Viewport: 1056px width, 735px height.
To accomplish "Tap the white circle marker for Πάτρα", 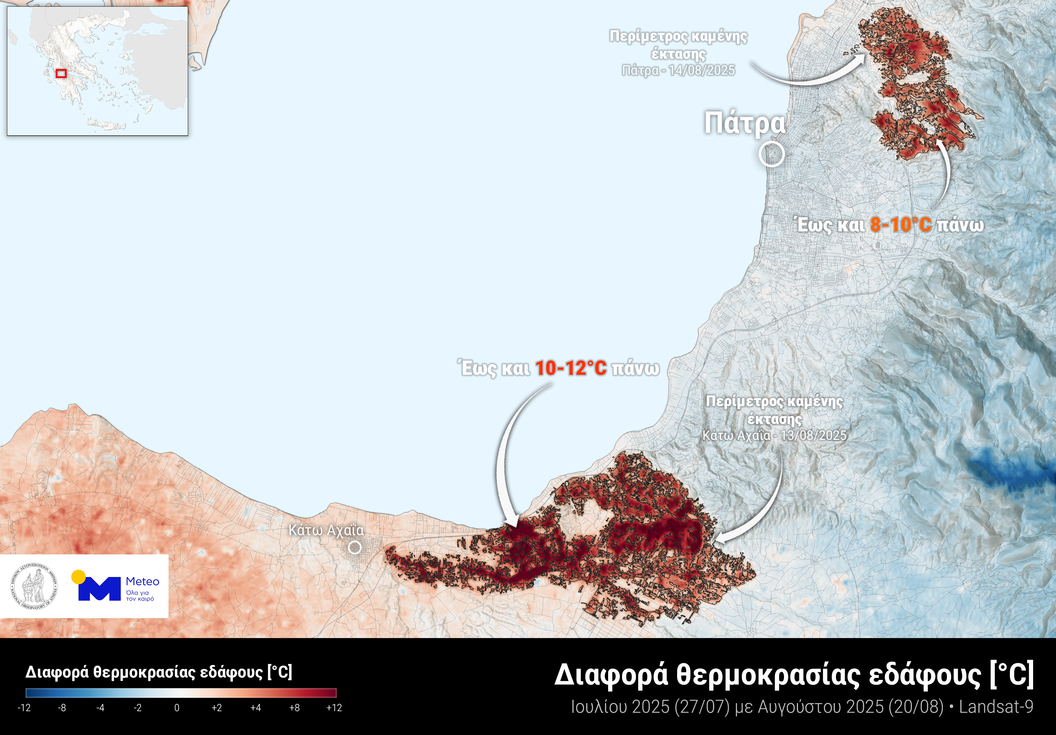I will tap(771, 154).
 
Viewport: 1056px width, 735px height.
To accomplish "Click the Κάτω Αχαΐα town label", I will tap(326, 530).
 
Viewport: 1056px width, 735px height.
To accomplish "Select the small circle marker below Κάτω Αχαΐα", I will tap(355, 547).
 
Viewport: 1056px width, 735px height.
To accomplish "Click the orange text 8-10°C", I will tap(900, 225).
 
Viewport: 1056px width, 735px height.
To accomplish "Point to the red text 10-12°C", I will tap(571, 368).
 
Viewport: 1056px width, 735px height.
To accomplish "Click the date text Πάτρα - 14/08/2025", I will tap(678, 70).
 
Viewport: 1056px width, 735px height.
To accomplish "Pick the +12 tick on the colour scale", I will tap(334, 708).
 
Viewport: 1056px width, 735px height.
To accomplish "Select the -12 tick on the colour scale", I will tap(24, 708).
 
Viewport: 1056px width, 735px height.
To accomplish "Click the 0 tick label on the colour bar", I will tap(176, 708).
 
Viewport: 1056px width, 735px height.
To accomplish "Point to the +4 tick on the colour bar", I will tap(256, 708).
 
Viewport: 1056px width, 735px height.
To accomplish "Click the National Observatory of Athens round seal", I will tap(34, 586).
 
